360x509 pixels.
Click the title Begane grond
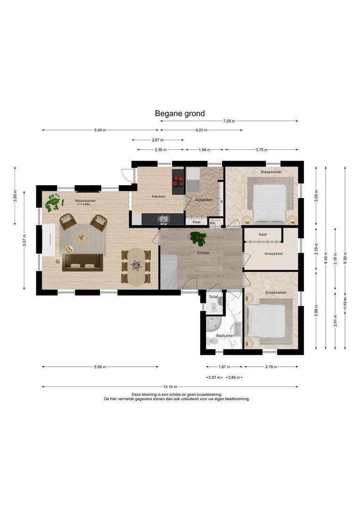pos(180,114)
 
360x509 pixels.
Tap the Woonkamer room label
pos(85,201)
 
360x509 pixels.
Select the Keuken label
pos(159,197)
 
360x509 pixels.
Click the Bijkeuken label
pos(204,200)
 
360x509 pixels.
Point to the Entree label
pos(203,253)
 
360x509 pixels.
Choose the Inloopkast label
pos(274,254)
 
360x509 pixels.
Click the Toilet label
pos(213,297)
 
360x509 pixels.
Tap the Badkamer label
pos(225,336)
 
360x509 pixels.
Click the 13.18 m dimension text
pos(170,386)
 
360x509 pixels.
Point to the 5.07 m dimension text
pos(25,240)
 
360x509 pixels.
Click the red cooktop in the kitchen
pos(178,181)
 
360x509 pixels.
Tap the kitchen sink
pos(164,220)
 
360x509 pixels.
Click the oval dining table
pos(136,266)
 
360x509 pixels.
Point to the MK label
pos(213,223)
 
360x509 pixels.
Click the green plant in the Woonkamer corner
pos(54,203)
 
